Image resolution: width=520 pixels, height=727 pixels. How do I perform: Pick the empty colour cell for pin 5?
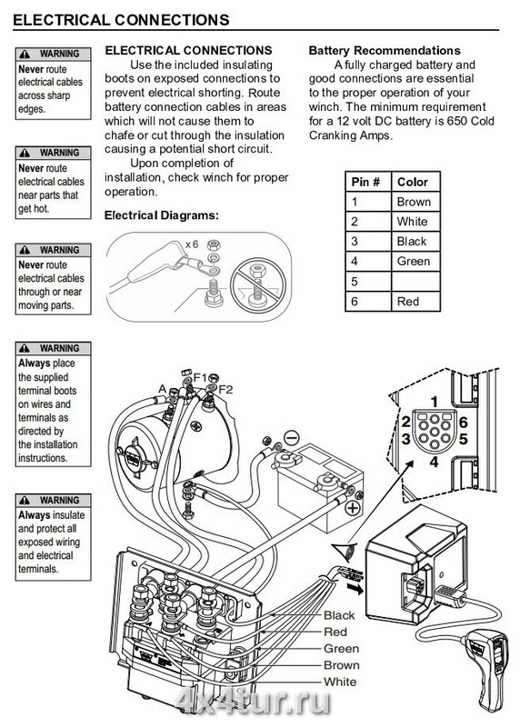(415, 282)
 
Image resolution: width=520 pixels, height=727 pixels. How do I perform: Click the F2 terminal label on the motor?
(225, 389)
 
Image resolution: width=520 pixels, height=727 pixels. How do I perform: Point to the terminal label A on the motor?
(162, 389)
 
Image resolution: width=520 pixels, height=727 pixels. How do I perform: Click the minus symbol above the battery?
(291, 438)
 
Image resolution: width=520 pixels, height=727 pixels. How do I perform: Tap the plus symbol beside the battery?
(354, 508)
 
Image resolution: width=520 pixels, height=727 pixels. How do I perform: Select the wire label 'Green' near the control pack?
(342, 648)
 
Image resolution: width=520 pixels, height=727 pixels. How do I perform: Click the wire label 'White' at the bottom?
(340, 682)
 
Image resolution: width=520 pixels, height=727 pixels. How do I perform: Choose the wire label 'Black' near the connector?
(339, 615)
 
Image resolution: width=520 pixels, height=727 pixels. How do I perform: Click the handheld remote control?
(488, 668)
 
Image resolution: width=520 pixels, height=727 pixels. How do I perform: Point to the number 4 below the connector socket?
(434, 462)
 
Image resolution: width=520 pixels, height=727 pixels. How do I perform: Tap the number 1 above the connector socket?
(435, 402)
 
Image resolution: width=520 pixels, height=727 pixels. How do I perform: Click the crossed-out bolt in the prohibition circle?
(256, 284)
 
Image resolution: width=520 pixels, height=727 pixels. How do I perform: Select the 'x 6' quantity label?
(192, 244)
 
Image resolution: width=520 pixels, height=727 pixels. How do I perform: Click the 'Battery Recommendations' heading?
(385, 51)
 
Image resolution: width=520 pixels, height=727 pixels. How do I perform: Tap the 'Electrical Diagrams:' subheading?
(162, 215)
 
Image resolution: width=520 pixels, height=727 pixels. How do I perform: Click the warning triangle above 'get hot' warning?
(25, 153)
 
